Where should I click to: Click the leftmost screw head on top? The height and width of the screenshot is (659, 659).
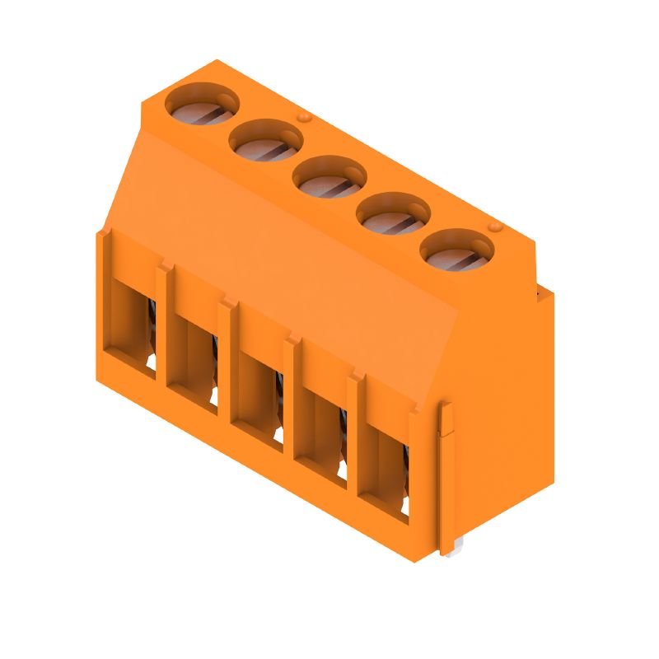coord(202,107)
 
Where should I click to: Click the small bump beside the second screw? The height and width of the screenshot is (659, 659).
coord(304,119)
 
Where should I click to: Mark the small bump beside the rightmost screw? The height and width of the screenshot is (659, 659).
coord(495,227)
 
